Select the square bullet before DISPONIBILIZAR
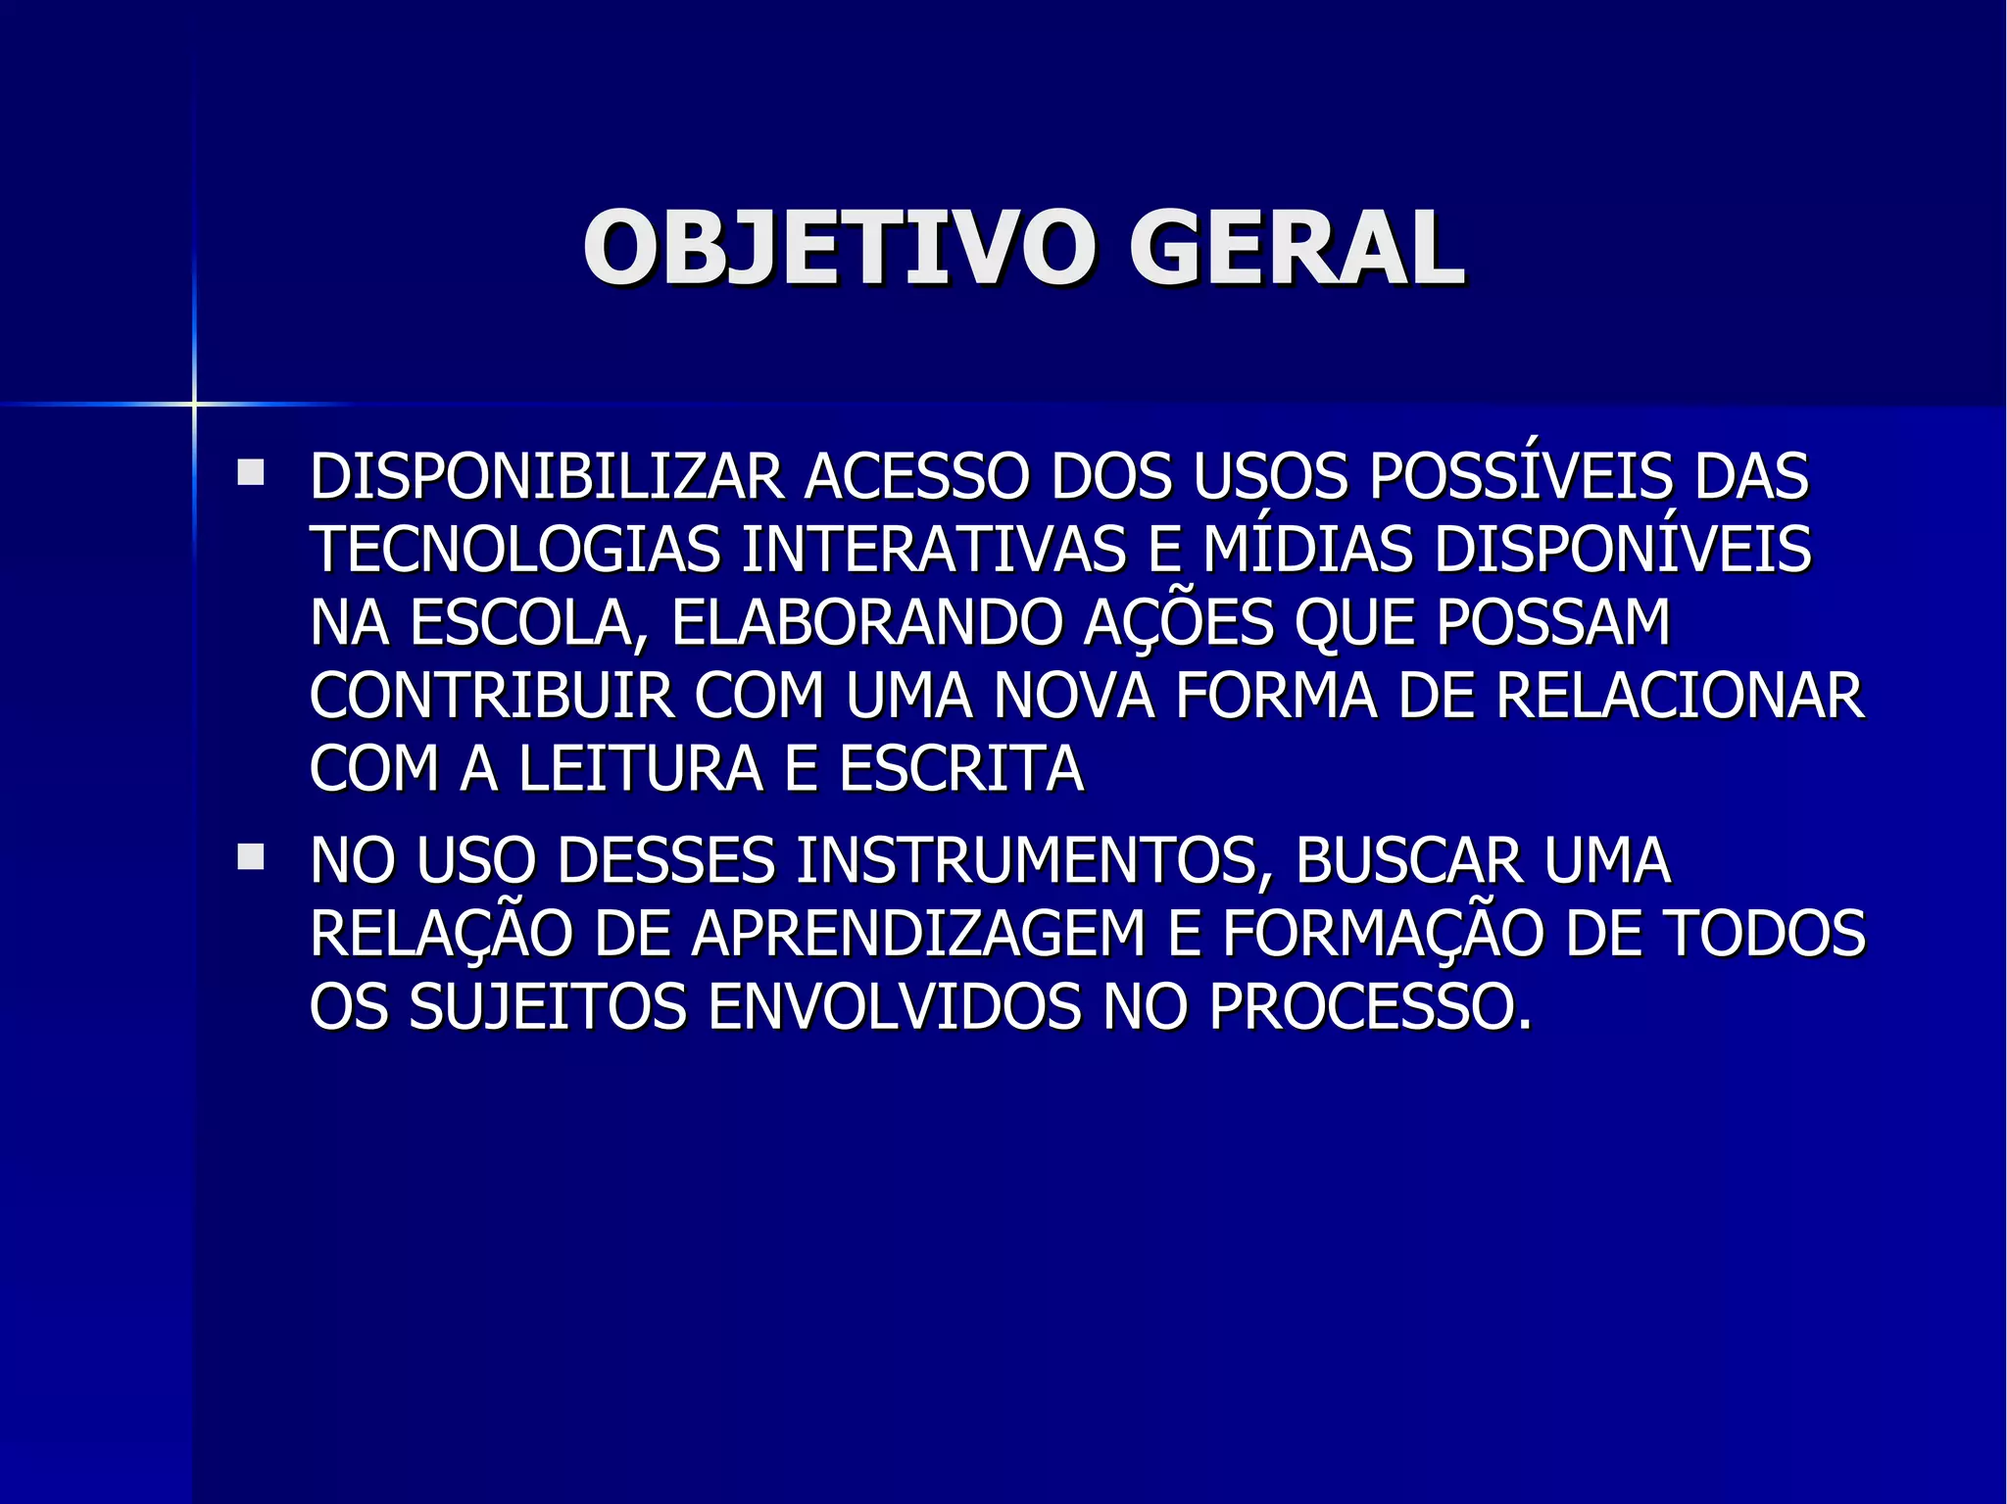click(x=251, y=474)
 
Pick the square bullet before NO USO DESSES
click(x=251, y=858)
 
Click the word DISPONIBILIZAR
click(x=547, y=477)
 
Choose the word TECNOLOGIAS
click(x=515, y=550)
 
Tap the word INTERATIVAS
click(x=933, y=550)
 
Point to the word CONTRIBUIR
click(x=492, y=697)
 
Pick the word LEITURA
click(x=641, y=769)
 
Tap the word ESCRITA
click(x=960, y=769)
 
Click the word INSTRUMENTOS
click(x=1026, y=861)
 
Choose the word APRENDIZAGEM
click(x=918, y=934)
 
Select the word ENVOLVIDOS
click(x=893, y=1006)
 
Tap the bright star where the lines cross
click(x=194, y=403)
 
